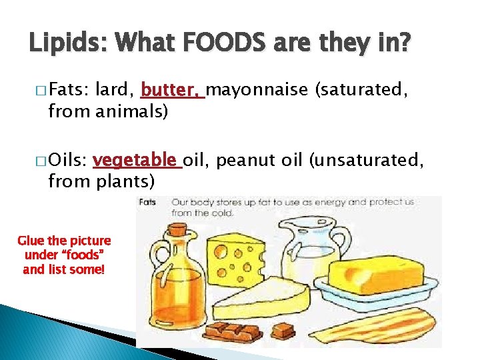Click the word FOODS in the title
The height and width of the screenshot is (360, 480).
pos(217,45)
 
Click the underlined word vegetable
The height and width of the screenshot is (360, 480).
pos(137,161)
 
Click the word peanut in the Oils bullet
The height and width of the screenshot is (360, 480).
pos(240,161)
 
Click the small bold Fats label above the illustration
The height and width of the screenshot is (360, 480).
pos(148,202)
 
